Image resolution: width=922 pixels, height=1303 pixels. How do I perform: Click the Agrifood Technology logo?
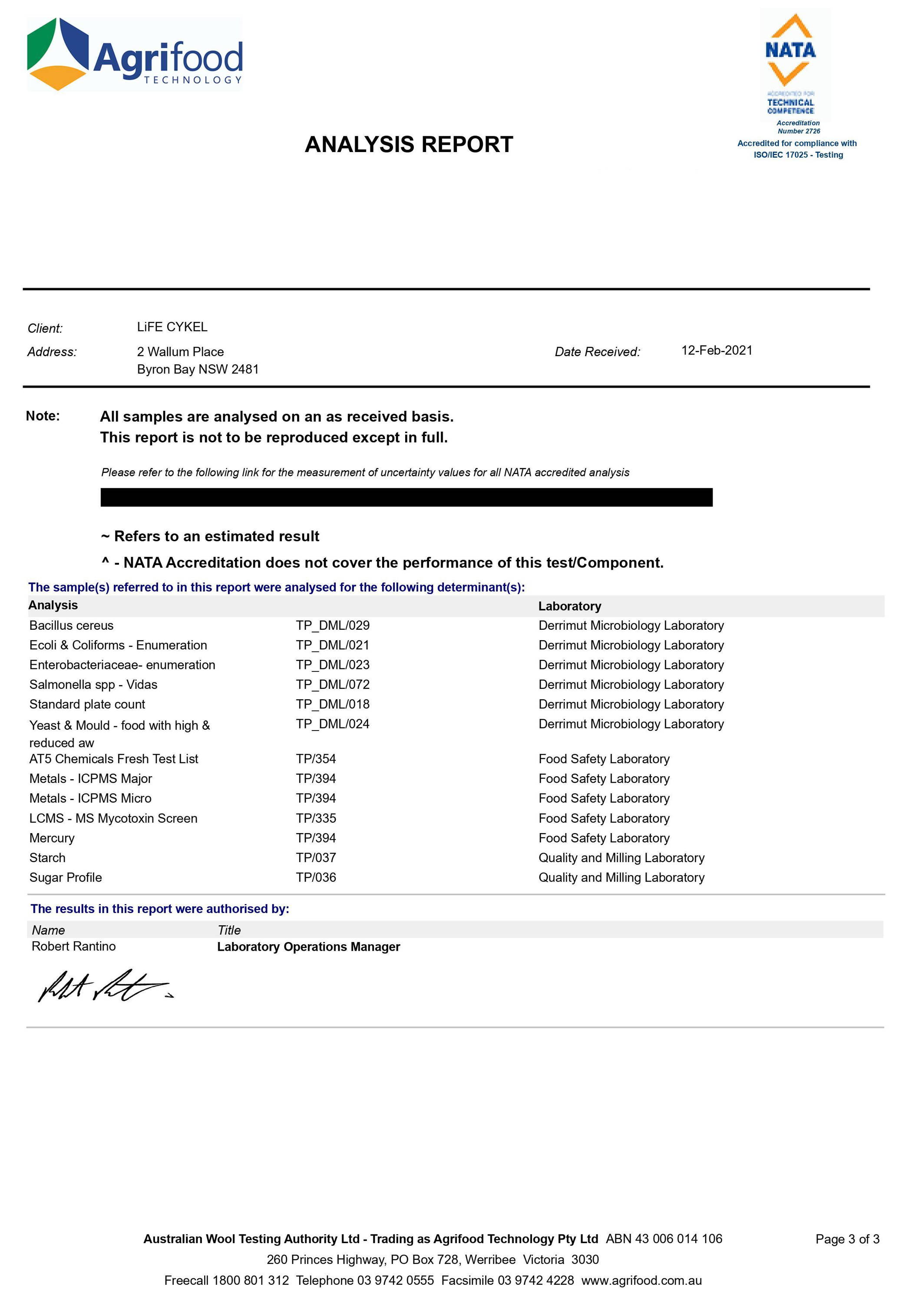point(135,54)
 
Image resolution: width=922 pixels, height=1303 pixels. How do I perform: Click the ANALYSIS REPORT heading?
point(409,144)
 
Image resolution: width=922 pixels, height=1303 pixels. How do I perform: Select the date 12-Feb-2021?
point(717,351)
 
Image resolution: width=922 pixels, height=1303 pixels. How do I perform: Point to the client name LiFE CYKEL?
point(172,327)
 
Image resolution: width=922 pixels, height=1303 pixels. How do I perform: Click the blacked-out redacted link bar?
point(406,497)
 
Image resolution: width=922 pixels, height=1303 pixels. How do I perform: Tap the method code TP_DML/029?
point(332,626)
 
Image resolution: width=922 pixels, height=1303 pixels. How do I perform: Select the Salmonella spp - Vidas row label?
point(93,685)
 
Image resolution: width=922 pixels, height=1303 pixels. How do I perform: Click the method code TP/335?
point(316,818)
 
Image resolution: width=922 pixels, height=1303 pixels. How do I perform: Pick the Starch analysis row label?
point(47,858)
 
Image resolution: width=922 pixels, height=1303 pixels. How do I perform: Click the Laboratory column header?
point(569,606)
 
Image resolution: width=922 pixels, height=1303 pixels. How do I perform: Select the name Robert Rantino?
point(73,946)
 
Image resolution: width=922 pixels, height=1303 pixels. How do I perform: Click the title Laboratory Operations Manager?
point(308,947)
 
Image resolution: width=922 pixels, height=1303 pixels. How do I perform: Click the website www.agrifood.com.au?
point(641,1280)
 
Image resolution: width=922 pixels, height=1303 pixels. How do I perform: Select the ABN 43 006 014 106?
point(664,1239)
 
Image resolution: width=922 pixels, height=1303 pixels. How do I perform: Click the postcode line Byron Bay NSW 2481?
point(198,370)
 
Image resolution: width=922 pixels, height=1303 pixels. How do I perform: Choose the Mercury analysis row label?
point(52,838)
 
